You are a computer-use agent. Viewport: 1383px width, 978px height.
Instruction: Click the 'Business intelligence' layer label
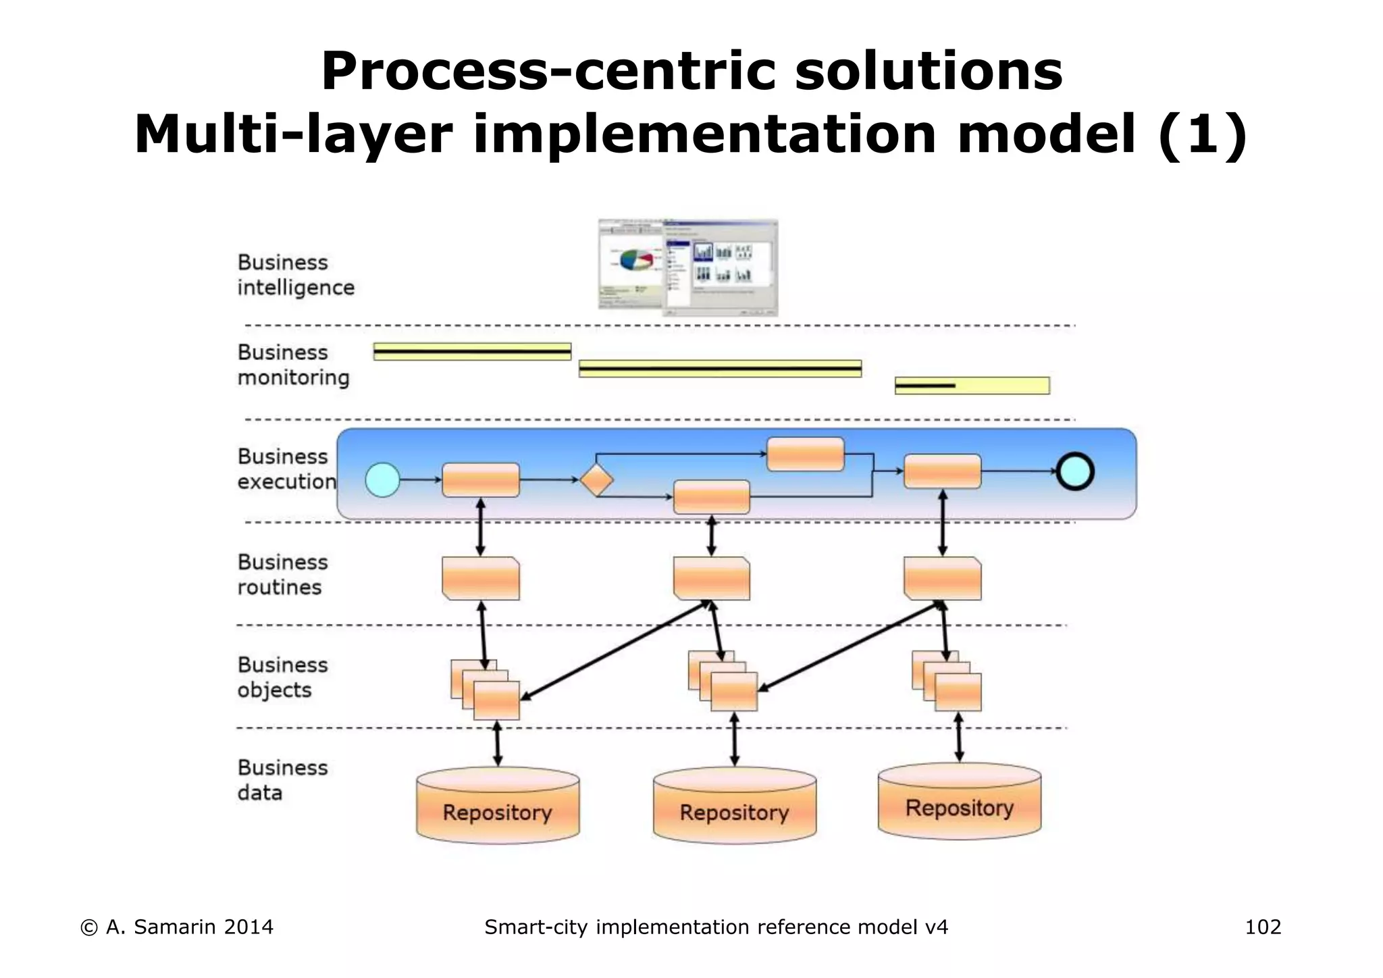click(296, 275)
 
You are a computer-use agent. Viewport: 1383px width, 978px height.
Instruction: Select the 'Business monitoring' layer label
click(293, 365)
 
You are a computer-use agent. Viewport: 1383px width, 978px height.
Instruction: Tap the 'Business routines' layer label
click(282, 575)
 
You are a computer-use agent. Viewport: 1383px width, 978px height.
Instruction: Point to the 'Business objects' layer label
click(282, 677)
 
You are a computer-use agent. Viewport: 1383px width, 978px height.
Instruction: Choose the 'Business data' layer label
click(282, 780)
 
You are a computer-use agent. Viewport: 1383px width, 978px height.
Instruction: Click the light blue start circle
click(382, 480)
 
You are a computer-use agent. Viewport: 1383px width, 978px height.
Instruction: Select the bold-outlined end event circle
click(1074, 471)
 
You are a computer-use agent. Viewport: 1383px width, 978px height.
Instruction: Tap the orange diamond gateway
click(596, 480)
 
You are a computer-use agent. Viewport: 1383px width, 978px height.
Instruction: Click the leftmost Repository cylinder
click(498, 805)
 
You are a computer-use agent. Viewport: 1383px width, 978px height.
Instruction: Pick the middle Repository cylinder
click(735, 805)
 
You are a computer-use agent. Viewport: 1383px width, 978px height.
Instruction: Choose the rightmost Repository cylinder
click(959, 801)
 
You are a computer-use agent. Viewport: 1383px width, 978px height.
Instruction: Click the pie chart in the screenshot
click(633, 261)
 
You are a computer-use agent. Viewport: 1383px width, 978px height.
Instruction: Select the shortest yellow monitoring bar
click(972, 386)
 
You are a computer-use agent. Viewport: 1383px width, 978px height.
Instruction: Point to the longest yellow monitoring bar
click(720, 369)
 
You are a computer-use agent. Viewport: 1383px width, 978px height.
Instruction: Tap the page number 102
click(1263, 927)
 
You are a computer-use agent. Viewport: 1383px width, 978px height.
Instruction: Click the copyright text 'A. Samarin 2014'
click(189, 927)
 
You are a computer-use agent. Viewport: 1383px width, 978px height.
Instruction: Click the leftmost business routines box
click(481, 579)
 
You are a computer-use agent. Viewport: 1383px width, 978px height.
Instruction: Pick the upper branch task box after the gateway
click(805, 455)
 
